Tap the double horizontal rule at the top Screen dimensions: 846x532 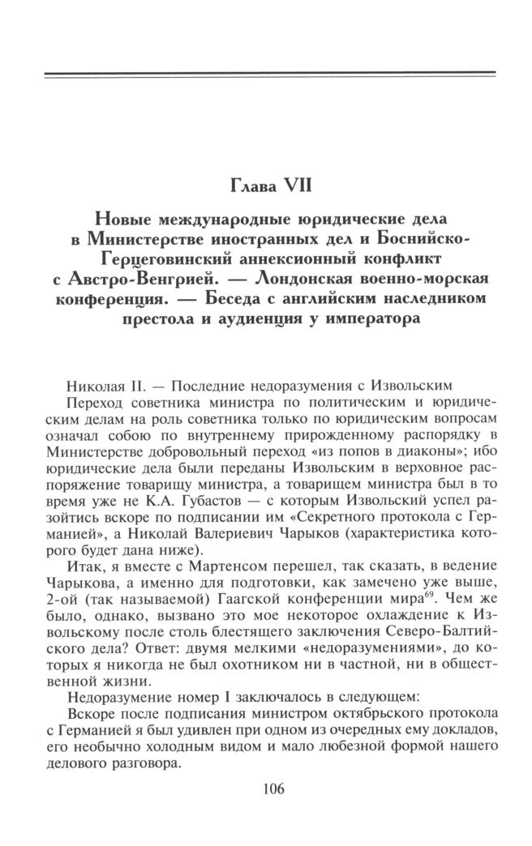coord(268,76)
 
